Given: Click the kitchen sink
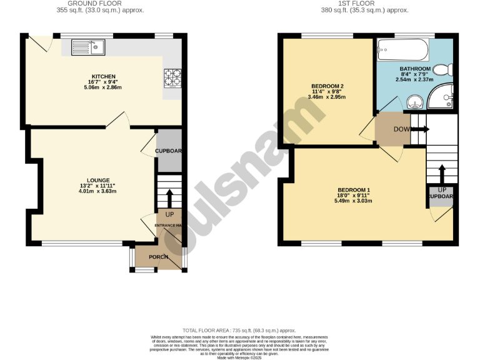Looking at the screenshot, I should pos(89,47).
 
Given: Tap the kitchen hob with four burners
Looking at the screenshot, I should pos(172,77).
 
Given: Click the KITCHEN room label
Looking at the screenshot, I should pos(103,76).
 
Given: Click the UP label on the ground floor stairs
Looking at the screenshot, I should pos(169,215).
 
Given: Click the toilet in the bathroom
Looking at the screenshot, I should pos(442,69).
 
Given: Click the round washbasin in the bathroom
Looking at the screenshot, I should pos(413,101).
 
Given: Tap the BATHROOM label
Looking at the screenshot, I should pos(414,68).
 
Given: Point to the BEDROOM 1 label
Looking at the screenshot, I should pos(354,190).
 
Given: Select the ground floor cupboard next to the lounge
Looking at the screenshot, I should pos(168,151).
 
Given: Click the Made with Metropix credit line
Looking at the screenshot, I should pos(239,357).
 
